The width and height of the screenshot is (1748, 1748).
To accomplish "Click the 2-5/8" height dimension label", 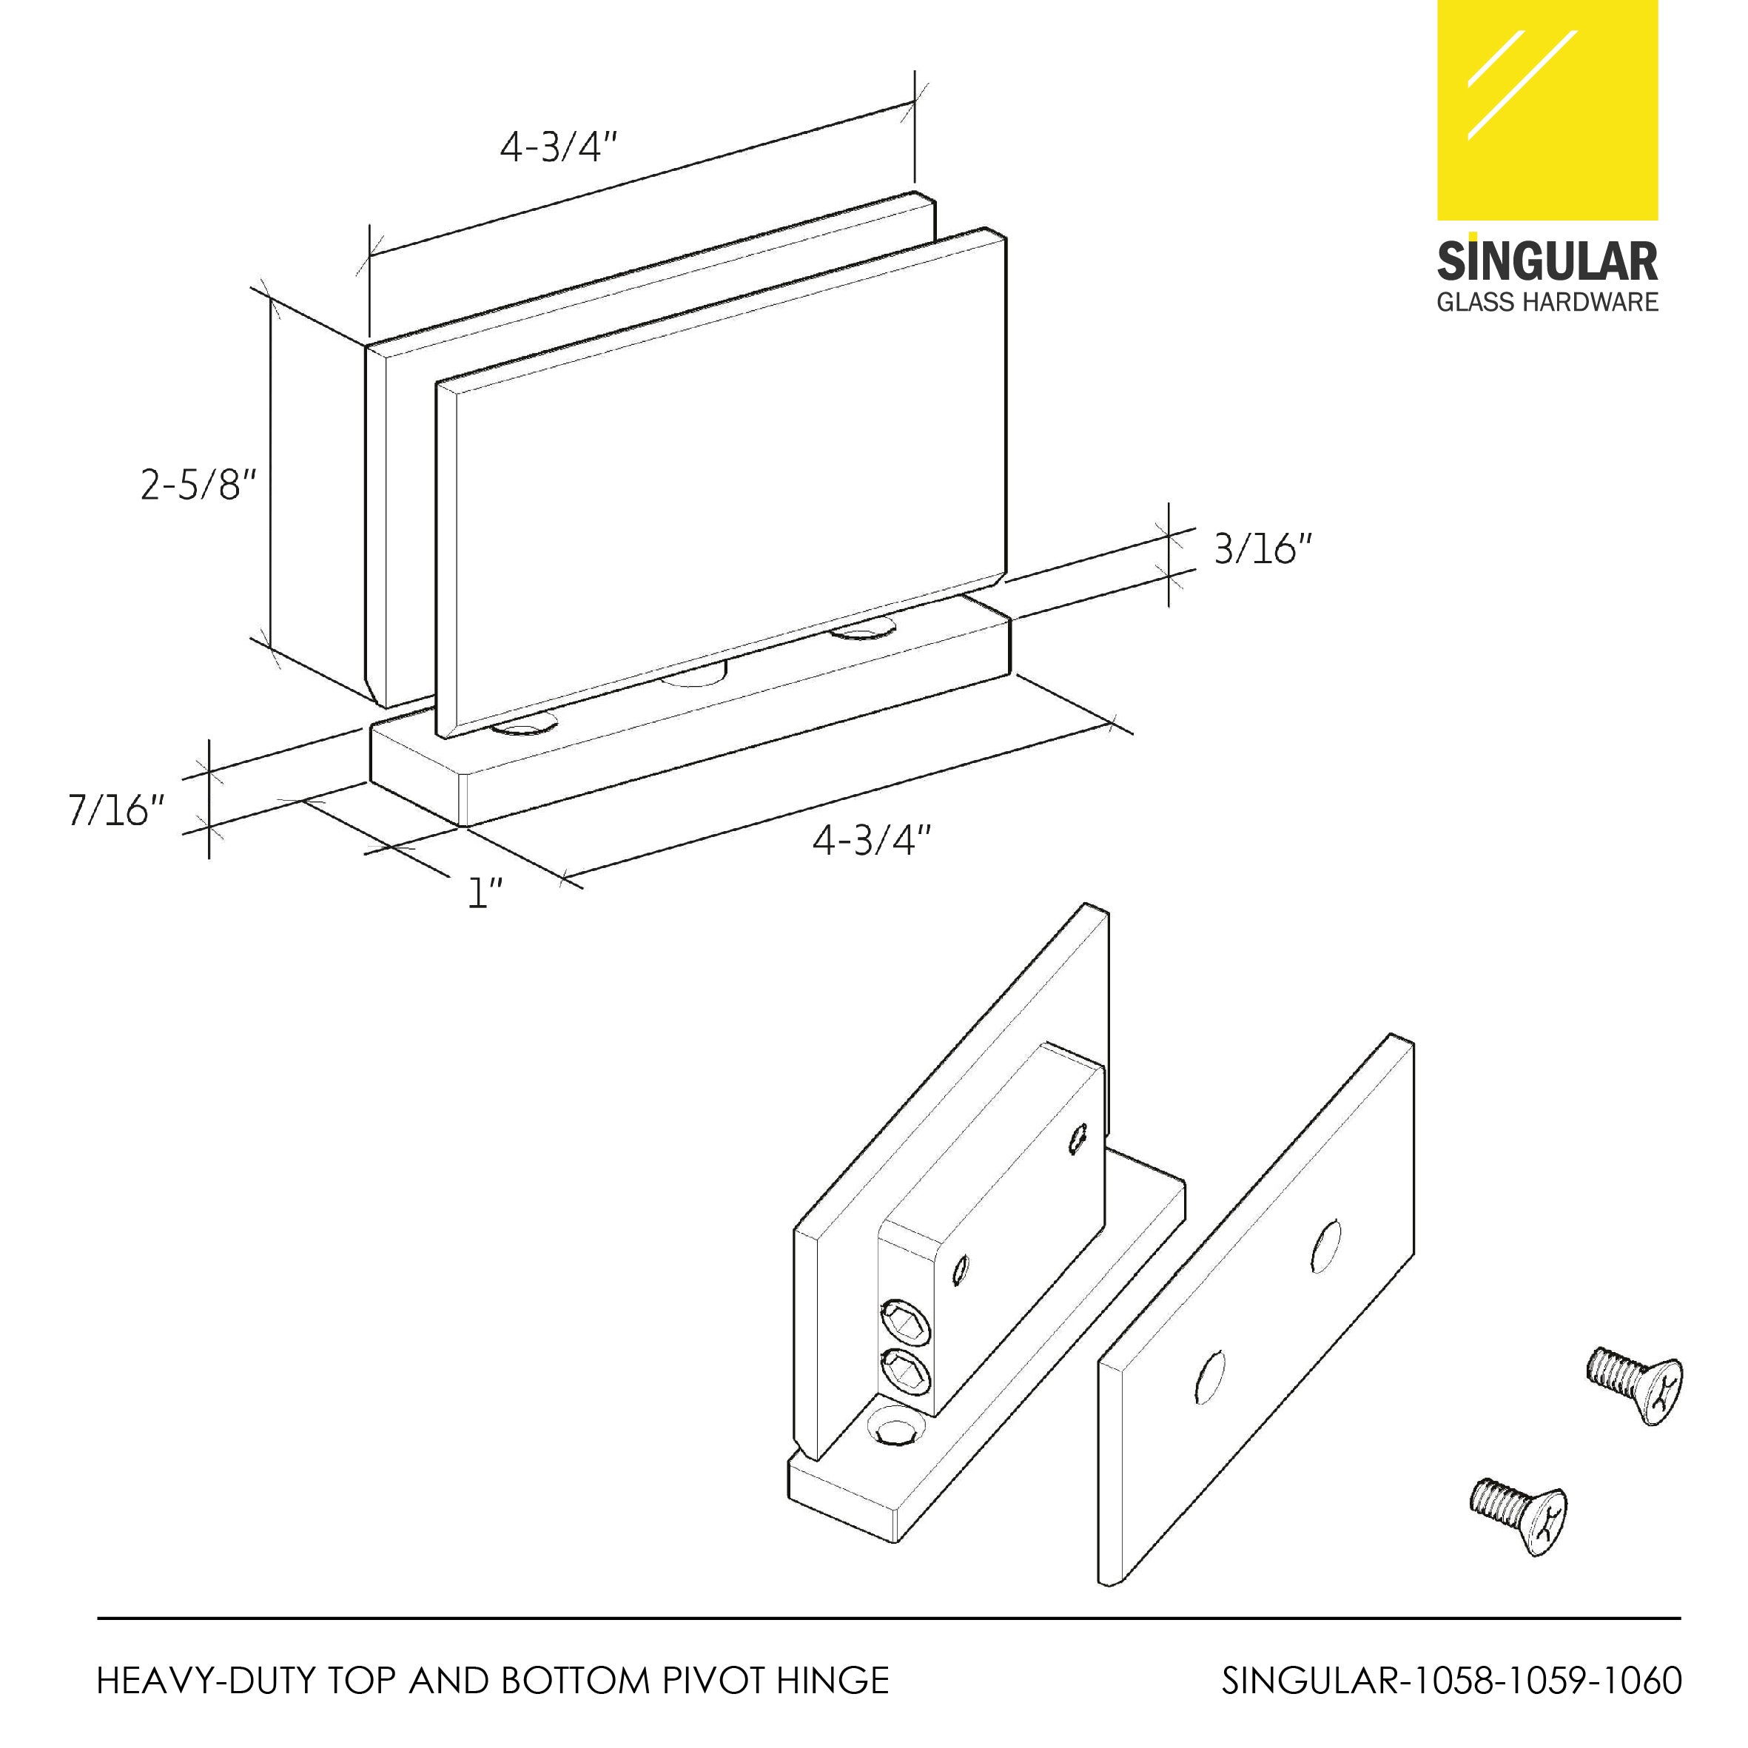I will click(x=198, y=485).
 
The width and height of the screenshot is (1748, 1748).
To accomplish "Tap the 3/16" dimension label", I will click(x=1261, y=548).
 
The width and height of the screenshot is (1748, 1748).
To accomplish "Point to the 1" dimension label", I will click(x=485, y=893).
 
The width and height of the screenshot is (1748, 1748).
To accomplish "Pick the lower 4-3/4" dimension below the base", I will click(x=870, y=841).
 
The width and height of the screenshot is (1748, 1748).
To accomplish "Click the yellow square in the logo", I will click(x=1547, y=109).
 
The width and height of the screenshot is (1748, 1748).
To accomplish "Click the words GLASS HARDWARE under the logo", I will click(x=1547, y=302).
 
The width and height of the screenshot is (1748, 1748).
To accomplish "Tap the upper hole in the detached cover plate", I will click(x=1325, y=1247).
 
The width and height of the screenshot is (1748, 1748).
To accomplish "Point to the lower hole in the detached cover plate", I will click(x=1210, y=1378).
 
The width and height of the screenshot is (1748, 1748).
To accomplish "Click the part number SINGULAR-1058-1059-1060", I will click(x=1451, y=1680).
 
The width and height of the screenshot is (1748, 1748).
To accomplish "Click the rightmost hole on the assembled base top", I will click(x=864, y=626).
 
